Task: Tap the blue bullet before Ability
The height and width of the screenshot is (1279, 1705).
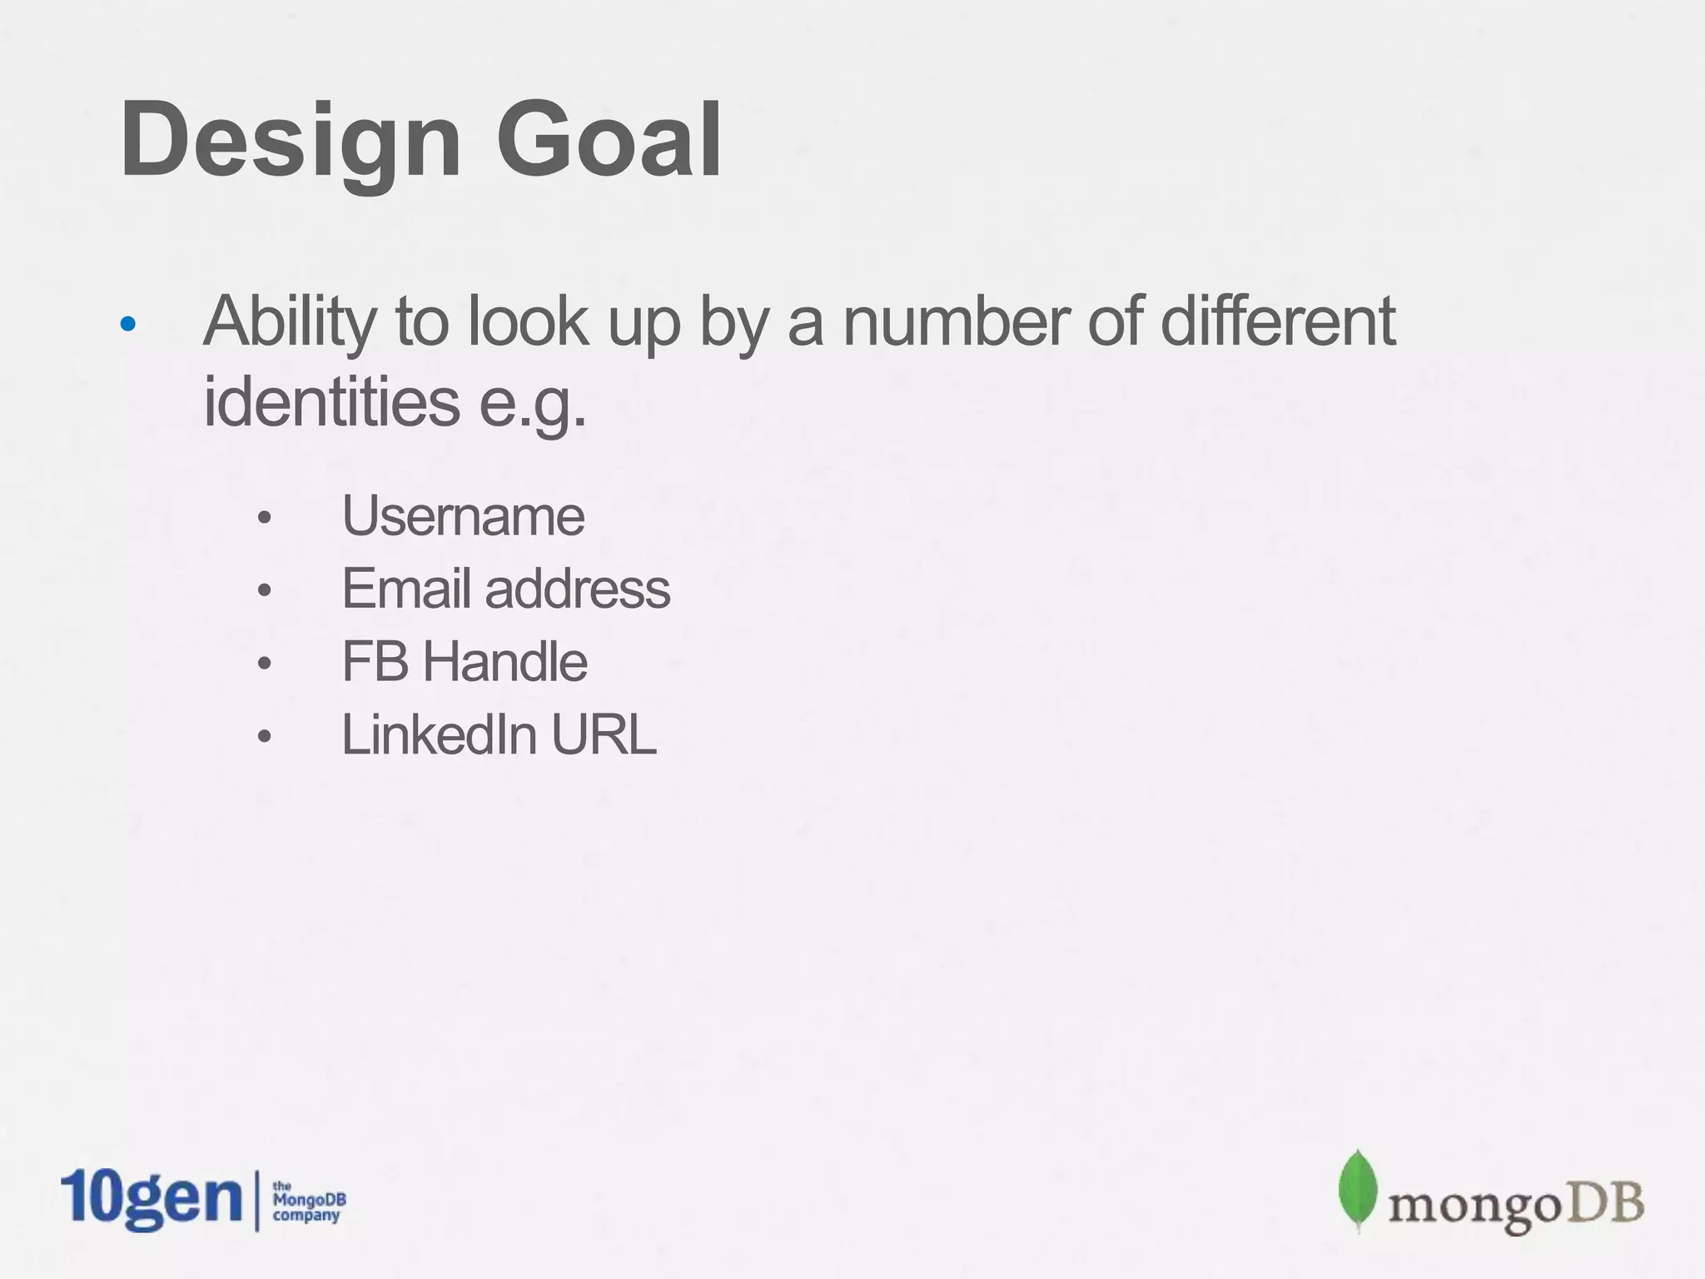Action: [x=127, y=324]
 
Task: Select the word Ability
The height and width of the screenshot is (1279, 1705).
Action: [x=290, y=323]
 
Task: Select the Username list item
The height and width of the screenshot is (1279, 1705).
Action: [x=463, y=516]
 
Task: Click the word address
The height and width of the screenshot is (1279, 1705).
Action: [x=577, y=589]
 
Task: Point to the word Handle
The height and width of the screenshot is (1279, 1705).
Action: [x=505, y=662]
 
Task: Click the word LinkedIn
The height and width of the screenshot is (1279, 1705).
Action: [x=439, y=735]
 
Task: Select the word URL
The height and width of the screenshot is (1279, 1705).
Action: [x=604, y=735]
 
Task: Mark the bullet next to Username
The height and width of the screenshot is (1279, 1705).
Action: [x=265, y=518]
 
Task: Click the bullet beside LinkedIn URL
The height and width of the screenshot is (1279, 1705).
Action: [x=265, y=737]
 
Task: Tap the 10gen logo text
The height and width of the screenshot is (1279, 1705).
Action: [x=151, y=1199]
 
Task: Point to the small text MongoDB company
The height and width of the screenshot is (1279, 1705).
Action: [x=308, y=1202]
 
